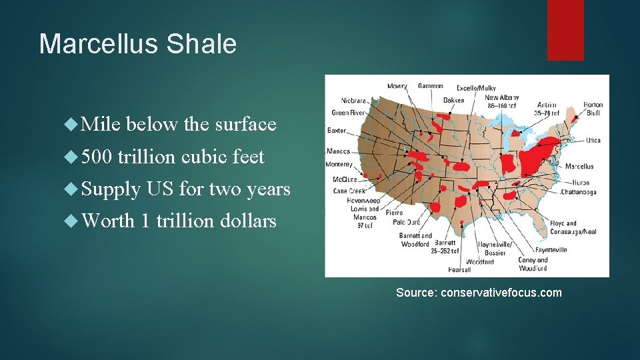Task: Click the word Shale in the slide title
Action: pyautogui.click(x=203, y=44)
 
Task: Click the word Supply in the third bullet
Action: pyautogui.click(x=111, y=189)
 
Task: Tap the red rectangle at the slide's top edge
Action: pyautogui.click(x=565, y=29)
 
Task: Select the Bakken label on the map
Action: pyautogui.click(x=454, y=100)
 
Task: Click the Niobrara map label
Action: pyautogui.click(x=353, y=101)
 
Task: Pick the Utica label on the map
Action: pyautogui.click(x=593, y=141)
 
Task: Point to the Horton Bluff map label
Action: pyautogui.click(x=592, y=109)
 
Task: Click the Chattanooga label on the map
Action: pyautogui.click(x=577, y=193)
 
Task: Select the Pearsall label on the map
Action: pyautogui.click(x=459, y=270)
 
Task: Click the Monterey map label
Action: pyautogui.click(x=339, y=164)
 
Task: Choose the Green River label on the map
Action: pyautogui.click(x=349, y=113)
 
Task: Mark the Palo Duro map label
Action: pyautogui.click(x=407, y=222)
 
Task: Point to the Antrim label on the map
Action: pyautogui.click(x=547, y=105)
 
